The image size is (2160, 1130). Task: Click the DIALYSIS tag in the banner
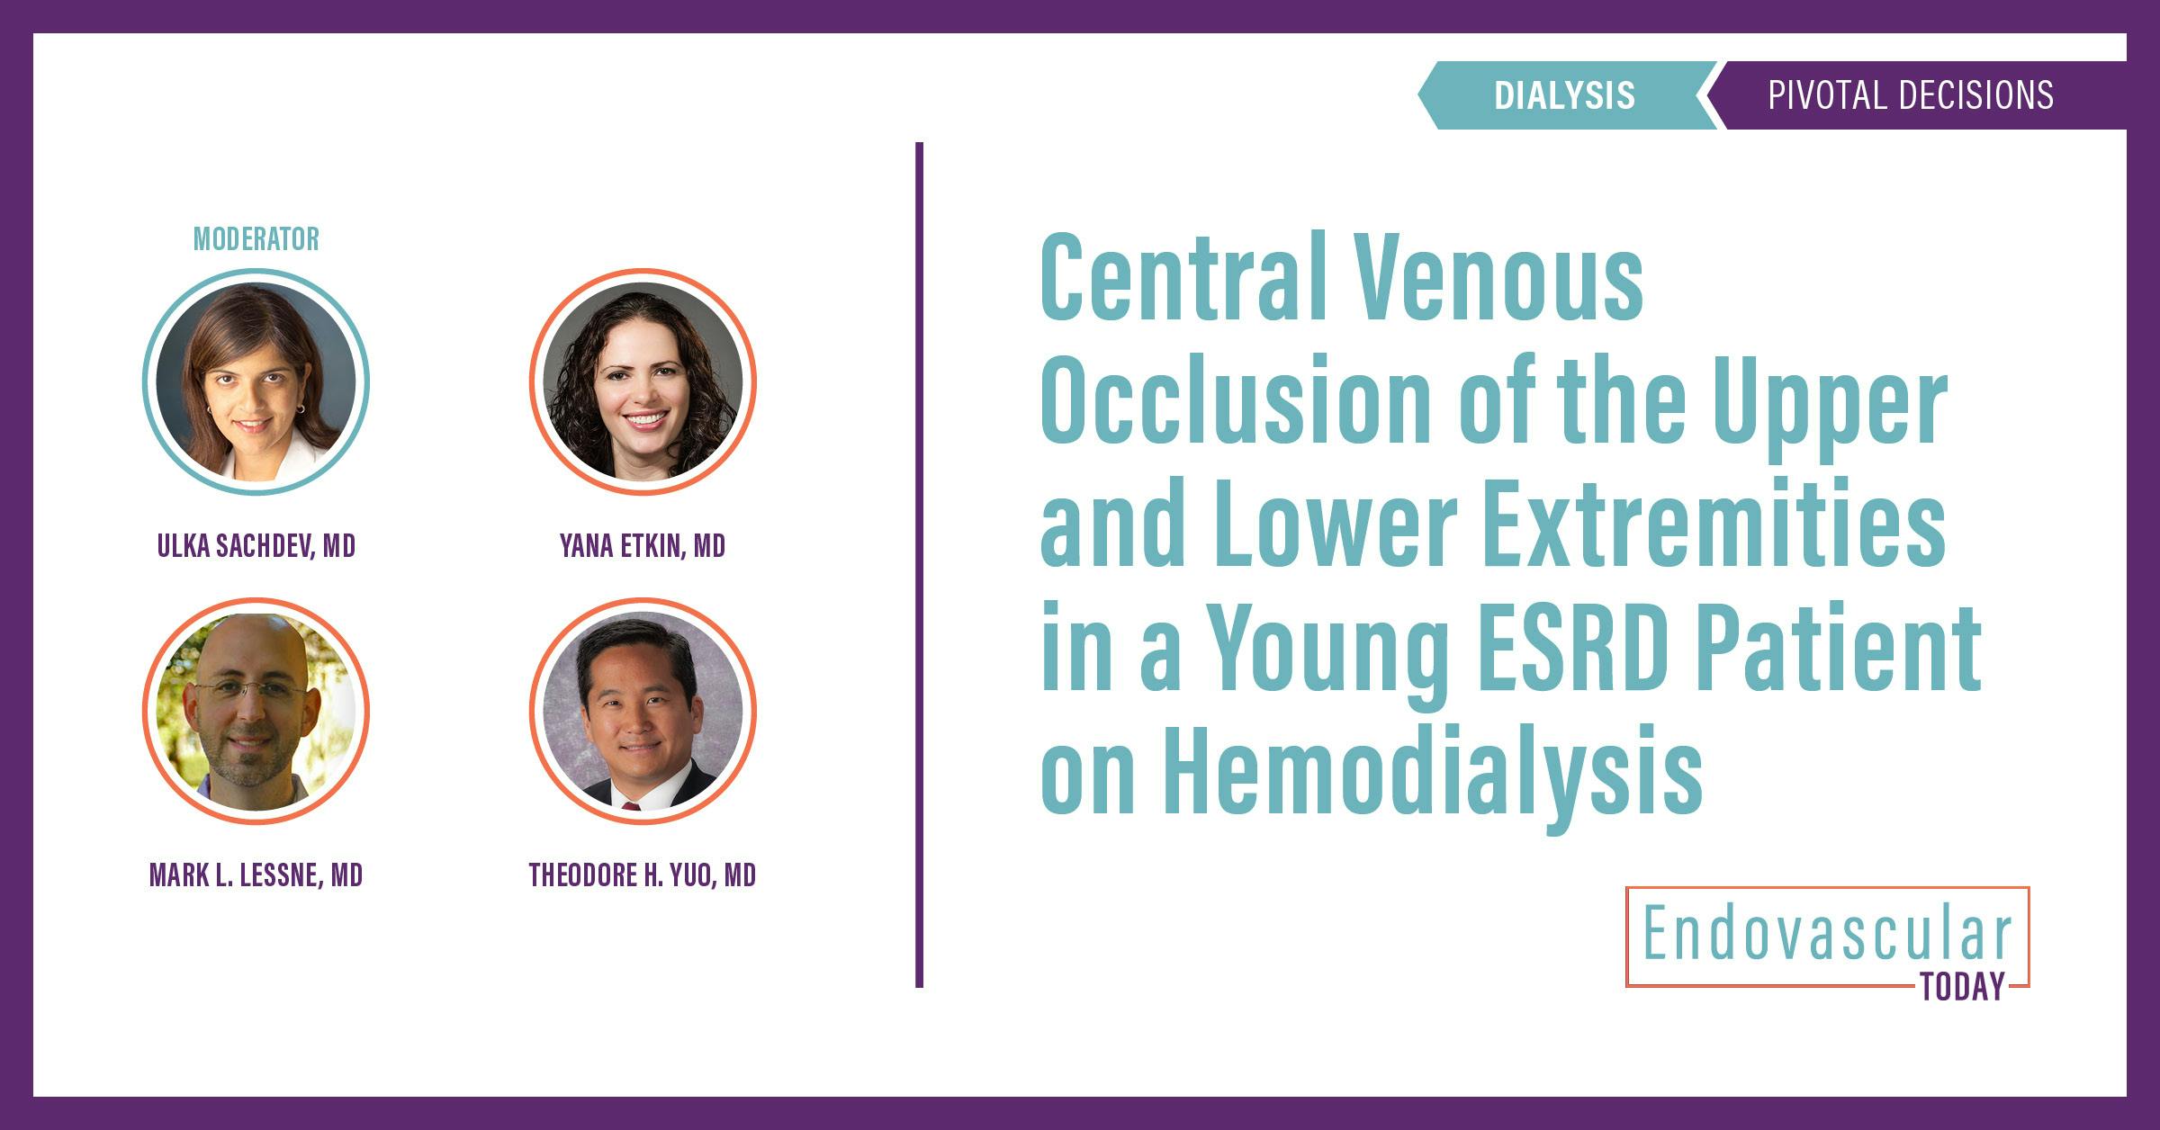[1564, 95]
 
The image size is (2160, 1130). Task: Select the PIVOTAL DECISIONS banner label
[1910, 95]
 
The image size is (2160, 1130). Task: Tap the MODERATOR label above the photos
[256, 239]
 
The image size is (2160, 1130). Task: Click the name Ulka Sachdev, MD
[256, 546]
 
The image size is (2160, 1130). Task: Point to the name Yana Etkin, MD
[643, 546]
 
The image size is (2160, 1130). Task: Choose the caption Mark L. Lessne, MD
[256, 875]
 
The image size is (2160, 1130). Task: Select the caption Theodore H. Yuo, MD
[643, 875]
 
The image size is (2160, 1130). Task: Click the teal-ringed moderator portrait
[256, 381]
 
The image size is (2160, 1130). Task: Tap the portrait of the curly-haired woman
[643, 381]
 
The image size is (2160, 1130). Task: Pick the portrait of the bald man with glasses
[256, 711]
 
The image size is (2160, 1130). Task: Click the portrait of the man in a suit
[643, 711]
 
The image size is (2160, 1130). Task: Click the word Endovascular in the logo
[1827, 936]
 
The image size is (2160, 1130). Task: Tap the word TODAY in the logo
[1963, 987]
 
